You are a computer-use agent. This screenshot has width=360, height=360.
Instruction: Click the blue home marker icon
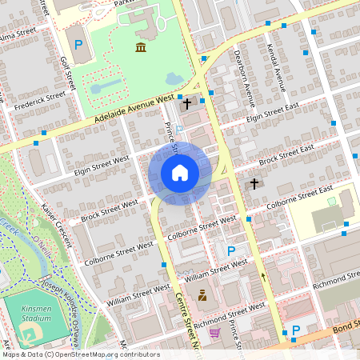click(180, 173)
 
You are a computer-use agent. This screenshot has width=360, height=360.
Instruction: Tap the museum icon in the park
click(141, 48)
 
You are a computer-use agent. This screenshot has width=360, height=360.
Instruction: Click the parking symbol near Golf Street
click(78, 45)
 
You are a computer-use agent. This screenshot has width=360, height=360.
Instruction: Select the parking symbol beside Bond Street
click(295, 330)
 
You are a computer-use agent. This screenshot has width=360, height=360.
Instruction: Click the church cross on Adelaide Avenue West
click(188, 103)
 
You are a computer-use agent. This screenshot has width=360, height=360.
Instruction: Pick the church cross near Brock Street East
click(254, 184)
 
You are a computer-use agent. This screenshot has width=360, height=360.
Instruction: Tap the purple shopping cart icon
click(215, 332)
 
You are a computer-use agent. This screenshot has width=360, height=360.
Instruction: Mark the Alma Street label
click(18, 37)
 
